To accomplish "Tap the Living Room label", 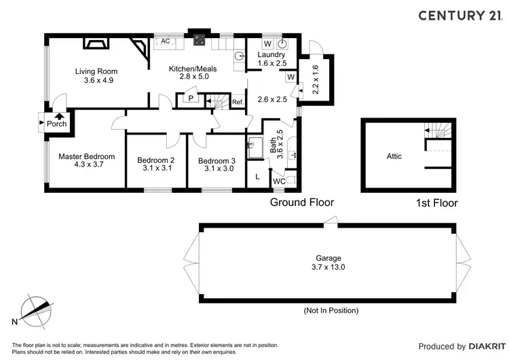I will [x=96, y=71].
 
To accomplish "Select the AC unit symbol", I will [x=165, y=41].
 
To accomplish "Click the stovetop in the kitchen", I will [x=200, y=41].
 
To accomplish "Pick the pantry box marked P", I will [x=191, y=99].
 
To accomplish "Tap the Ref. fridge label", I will [x=238, y=102].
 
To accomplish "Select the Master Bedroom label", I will [x=86, y=156].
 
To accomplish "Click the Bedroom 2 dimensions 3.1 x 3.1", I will [x=156, y=169].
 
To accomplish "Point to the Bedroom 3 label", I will [x=216, y=160].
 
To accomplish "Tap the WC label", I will [x=279, y=182].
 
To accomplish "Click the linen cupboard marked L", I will [x=258, y=177].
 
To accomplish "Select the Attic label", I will [x=394, y=156].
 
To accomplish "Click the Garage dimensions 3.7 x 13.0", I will [x=328, y=268].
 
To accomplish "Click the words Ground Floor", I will [x=302, y=202].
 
